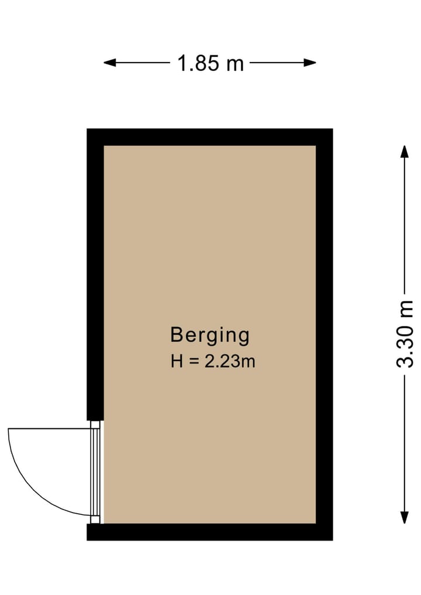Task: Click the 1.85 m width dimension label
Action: coord(210,63)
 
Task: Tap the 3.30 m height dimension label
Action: coord(405,333)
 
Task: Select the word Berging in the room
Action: coord(210,335)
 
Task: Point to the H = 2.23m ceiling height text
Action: coord(213,362)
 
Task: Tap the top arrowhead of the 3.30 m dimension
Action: coord(404,151)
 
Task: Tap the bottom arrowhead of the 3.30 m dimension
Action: coord(404,518)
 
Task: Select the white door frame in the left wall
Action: coord(96,472)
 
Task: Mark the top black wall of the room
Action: coord(210,137)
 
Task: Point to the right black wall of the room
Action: coord(324,333)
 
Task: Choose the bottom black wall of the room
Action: coord(210,532)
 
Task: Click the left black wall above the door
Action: coord(95,275)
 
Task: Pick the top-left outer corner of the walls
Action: coord(88,129)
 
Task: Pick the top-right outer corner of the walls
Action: coord(332,129)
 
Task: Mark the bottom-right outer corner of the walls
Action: coord(332,539)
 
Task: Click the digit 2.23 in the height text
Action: coord(222,362)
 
